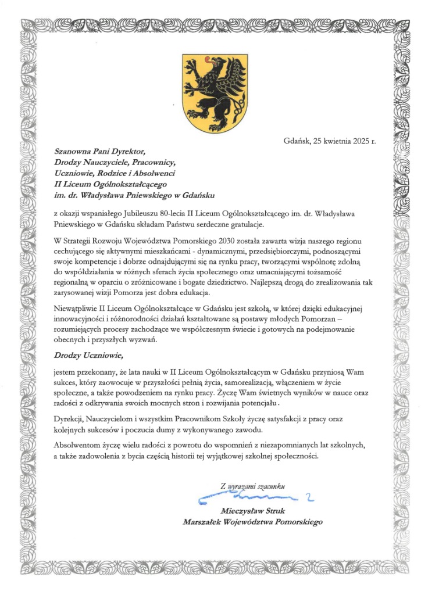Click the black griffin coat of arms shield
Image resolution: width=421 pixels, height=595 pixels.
pyautogui.click(x=211, y=92)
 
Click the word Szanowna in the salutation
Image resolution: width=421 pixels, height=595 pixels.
pyautogui.click(x=72, y=152)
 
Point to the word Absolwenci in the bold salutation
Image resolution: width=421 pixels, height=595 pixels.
pyautogui.click(x=155, y=173)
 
